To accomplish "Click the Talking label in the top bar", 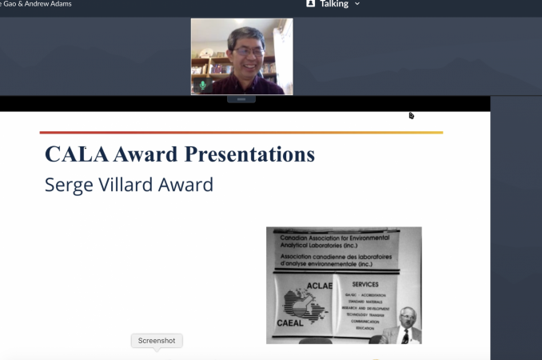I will [333, 4].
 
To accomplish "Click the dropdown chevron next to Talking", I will [357, 4].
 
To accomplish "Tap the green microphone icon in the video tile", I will [202, 85].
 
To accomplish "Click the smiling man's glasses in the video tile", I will [249, 51].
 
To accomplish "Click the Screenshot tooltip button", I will [157, 341].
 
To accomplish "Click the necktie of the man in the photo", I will [405, 336].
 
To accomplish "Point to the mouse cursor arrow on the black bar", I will [411, 115].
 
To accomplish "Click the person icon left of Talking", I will [311, 4].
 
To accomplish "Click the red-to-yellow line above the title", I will [240, 132].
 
